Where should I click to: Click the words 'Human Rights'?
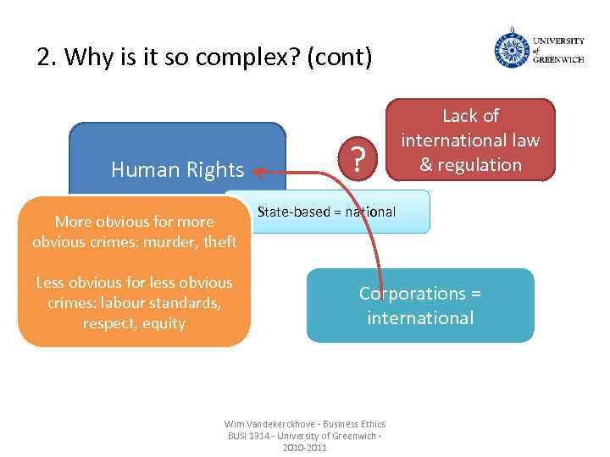tap(177, 170)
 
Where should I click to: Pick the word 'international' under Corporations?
tap(420, 318)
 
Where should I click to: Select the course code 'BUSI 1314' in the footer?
tap(247, 435)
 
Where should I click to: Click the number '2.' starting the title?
tap(47, 58)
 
